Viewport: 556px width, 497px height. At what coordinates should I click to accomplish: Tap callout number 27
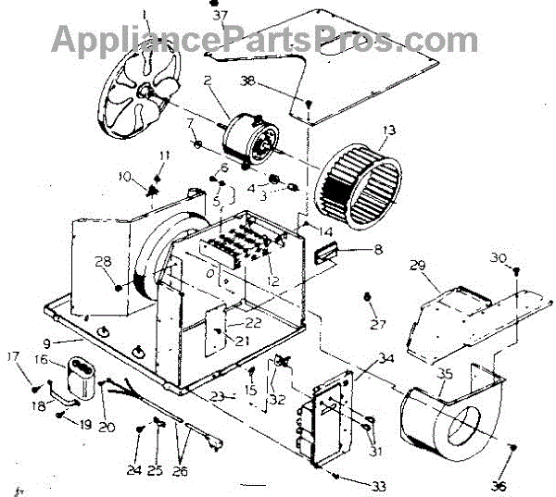point(375,323)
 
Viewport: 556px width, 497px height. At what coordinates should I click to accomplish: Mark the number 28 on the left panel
point(102,262)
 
